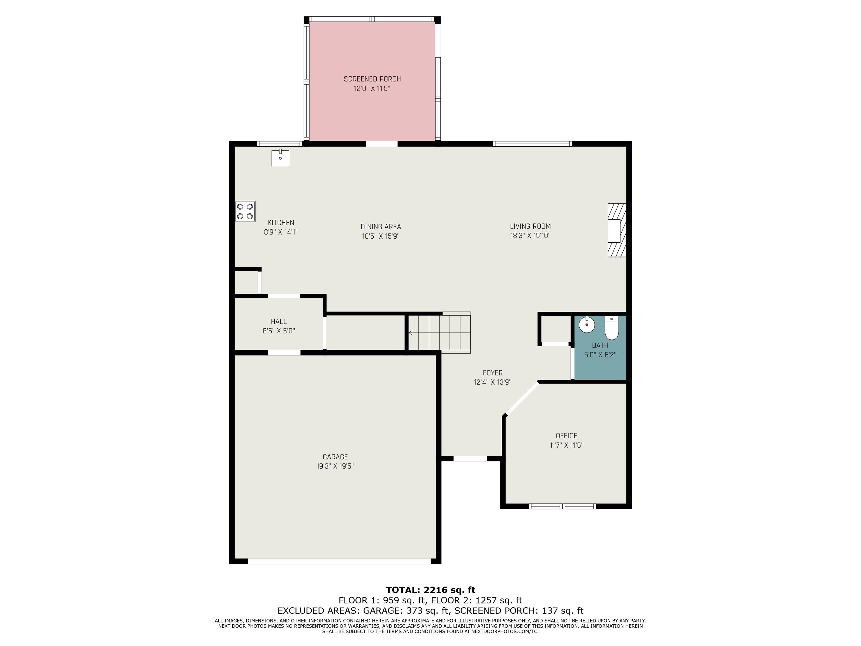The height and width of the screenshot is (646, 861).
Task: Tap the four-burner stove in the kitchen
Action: (245, 211)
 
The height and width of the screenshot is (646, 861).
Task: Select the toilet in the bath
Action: (612, 328)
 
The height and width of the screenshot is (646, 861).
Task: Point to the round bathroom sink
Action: (587, 324)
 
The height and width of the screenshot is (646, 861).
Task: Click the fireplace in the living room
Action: (617, 230)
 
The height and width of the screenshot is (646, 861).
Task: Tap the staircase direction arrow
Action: (411, 333)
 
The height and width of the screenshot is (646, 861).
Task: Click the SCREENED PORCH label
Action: (372, 79)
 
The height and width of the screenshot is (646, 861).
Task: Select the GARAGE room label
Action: (335, 457)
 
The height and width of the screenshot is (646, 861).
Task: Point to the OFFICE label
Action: (566, 436)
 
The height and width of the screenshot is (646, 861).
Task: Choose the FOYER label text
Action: (493, 373)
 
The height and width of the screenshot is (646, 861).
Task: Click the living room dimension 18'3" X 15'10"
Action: (530, 236)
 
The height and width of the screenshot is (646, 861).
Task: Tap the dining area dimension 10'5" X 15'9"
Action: (381, 236)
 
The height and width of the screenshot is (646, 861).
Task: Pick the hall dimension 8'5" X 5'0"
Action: (279, 331)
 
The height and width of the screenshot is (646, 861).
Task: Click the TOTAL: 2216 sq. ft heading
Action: (430, 590)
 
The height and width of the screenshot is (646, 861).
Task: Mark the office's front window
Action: (563, 506)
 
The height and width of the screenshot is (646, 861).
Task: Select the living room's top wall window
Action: (532, 144)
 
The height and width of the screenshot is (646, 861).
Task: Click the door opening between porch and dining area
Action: (382, 144)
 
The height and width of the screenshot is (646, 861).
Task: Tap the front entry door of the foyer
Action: (471, 458)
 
